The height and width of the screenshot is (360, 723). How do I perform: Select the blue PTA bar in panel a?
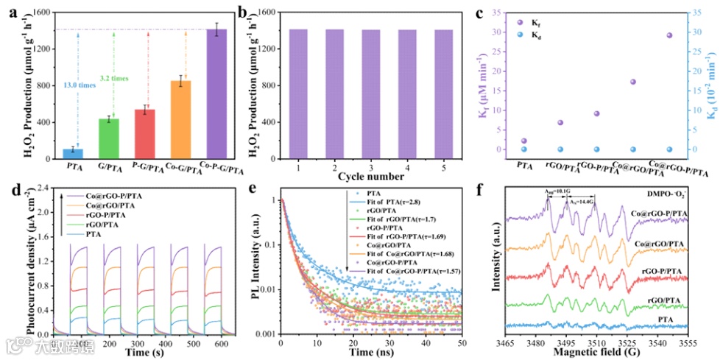[x=73, y=154]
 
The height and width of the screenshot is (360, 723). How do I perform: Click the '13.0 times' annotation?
[x=79, y=85]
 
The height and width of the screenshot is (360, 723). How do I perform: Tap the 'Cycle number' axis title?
[x=370, y=177]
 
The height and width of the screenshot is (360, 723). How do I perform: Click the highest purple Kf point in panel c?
[x=669, y=35]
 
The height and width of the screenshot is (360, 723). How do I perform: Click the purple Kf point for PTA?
[x=523, y=141]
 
